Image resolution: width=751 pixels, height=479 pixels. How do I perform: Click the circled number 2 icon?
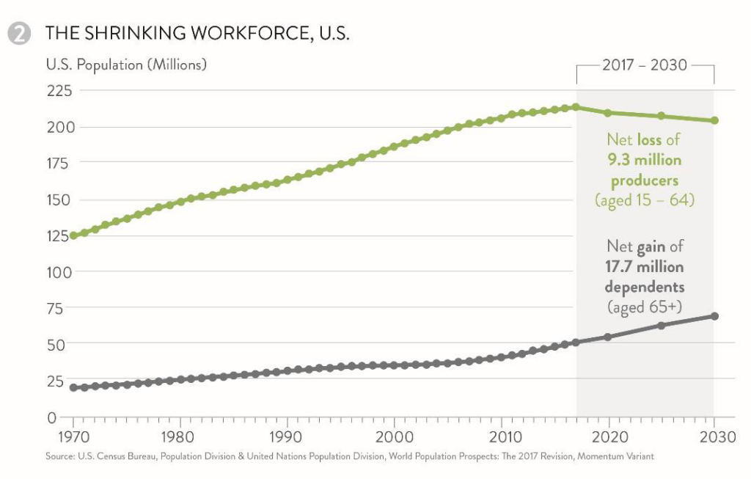[x=20, y=34]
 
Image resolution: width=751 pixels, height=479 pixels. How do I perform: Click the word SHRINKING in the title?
[x=141, y=34]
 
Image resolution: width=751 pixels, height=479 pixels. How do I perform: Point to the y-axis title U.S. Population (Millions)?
[x=126, y=65]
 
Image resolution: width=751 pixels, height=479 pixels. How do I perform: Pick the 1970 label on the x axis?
[x=73, y=438]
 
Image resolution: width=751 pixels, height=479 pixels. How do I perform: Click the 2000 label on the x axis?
[x=395, y=438]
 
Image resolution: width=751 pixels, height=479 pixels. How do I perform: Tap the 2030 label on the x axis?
[x=714, y=438]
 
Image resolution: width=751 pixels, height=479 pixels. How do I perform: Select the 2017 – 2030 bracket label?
[x=645, y=65]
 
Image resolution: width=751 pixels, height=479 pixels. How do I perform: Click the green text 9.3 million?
[x=645, y=159]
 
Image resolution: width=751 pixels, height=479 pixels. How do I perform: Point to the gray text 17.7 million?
[x=645, y=266]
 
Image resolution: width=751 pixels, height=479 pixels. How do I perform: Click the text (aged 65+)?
[x=645, y=307]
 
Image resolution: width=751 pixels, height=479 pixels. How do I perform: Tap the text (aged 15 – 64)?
[x=645, y=200]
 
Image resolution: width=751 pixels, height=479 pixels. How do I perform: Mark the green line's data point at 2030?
[x=714, y=120]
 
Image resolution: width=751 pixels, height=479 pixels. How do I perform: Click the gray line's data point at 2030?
[x=714, y=316]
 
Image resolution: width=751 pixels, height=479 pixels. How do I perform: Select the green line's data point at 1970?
[x=73, y=236]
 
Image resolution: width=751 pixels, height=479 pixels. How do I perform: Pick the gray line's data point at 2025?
[x=661, y=325]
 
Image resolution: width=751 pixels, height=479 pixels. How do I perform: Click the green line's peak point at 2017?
[x=576, y=107]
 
